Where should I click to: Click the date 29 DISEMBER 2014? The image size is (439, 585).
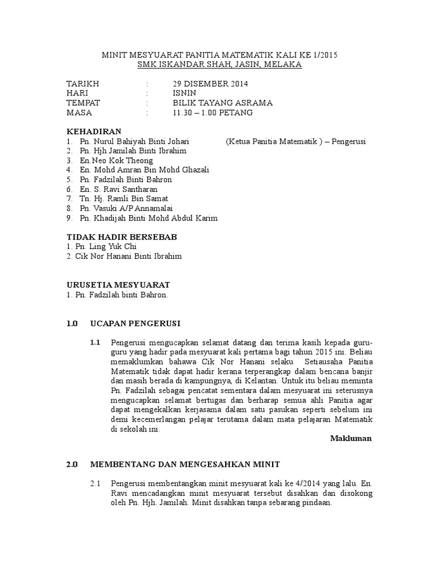[210, 83]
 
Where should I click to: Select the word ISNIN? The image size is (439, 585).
[185, 93]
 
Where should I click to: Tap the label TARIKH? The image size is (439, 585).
[83, 83]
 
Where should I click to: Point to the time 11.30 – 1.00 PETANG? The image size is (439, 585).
[213, 113]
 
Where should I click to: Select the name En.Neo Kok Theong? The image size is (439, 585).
[117, 161]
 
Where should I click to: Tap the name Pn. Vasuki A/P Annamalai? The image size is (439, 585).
[126, 209]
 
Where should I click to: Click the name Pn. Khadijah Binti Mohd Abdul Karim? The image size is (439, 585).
[148, 218]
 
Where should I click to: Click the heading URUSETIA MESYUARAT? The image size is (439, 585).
[118, 285]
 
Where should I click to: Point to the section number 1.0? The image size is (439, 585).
[71, 323]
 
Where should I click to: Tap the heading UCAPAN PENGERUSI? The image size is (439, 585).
[135, 323]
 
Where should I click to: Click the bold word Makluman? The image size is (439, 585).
[351, 439]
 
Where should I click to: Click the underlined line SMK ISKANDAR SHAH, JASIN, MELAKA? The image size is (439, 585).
[219, 65]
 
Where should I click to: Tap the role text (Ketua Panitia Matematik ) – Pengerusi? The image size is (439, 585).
[296, 141]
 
